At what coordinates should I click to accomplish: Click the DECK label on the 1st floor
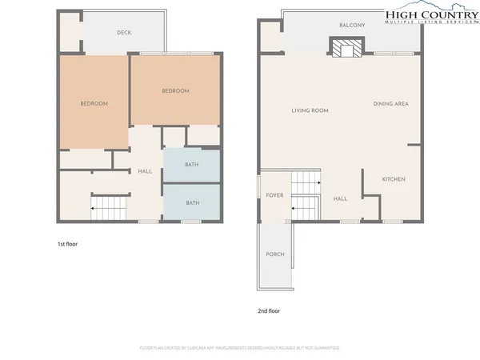pos(123,33)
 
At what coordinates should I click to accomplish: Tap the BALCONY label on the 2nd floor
pos(352,26)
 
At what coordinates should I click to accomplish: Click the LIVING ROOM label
pos(310,111)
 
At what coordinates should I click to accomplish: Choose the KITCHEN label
pos(393,179)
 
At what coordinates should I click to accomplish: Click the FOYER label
pos(275,194)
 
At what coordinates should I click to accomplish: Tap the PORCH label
pos(275,254)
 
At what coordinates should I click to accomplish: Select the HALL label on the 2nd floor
pos(340,199)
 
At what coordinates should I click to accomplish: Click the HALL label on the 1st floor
pos(145,171)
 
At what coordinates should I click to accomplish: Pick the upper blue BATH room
pos(192,165)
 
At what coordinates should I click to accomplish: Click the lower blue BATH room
pos(192,203)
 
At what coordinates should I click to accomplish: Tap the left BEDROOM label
pos(94,104)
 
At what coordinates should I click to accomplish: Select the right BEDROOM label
pos(175,91)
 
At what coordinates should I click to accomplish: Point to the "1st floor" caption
pos(67,242)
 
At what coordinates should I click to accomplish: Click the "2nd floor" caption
pos(269,310)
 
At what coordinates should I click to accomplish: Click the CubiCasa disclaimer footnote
pos(240,348)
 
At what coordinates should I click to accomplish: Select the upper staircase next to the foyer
pos(305,183)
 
